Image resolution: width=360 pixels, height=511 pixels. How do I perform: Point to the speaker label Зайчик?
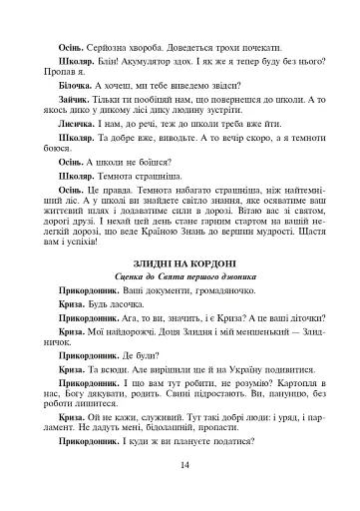[x=75, y=103]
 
